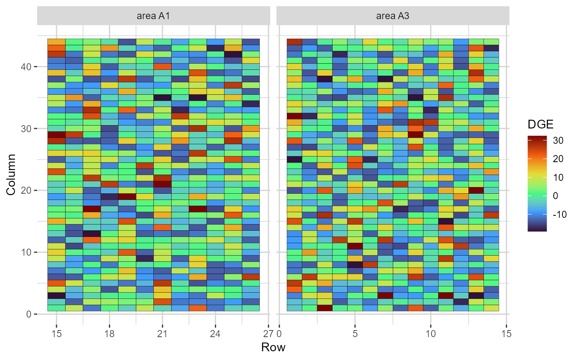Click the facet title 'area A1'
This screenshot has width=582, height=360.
(x=153, y=17)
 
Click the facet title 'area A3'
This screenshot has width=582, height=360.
(x=392, y=17)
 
